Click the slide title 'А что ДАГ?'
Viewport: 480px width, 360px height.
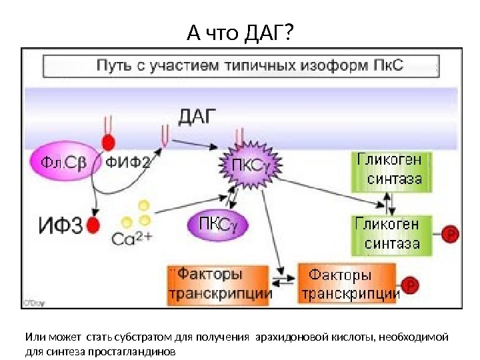coord(240,31)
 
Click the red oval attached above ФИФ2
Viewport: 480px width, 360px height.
coord(107,142)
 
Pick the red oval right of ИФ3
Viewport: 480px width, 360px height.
coord(93,226)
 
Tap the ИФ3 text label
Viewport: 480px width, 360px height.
coord(58,227)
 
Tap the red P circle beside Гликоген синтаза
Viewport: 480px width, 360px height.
coord(451,234)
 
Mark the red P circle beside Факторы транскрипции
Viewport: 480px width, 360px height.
coord(411,285)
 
